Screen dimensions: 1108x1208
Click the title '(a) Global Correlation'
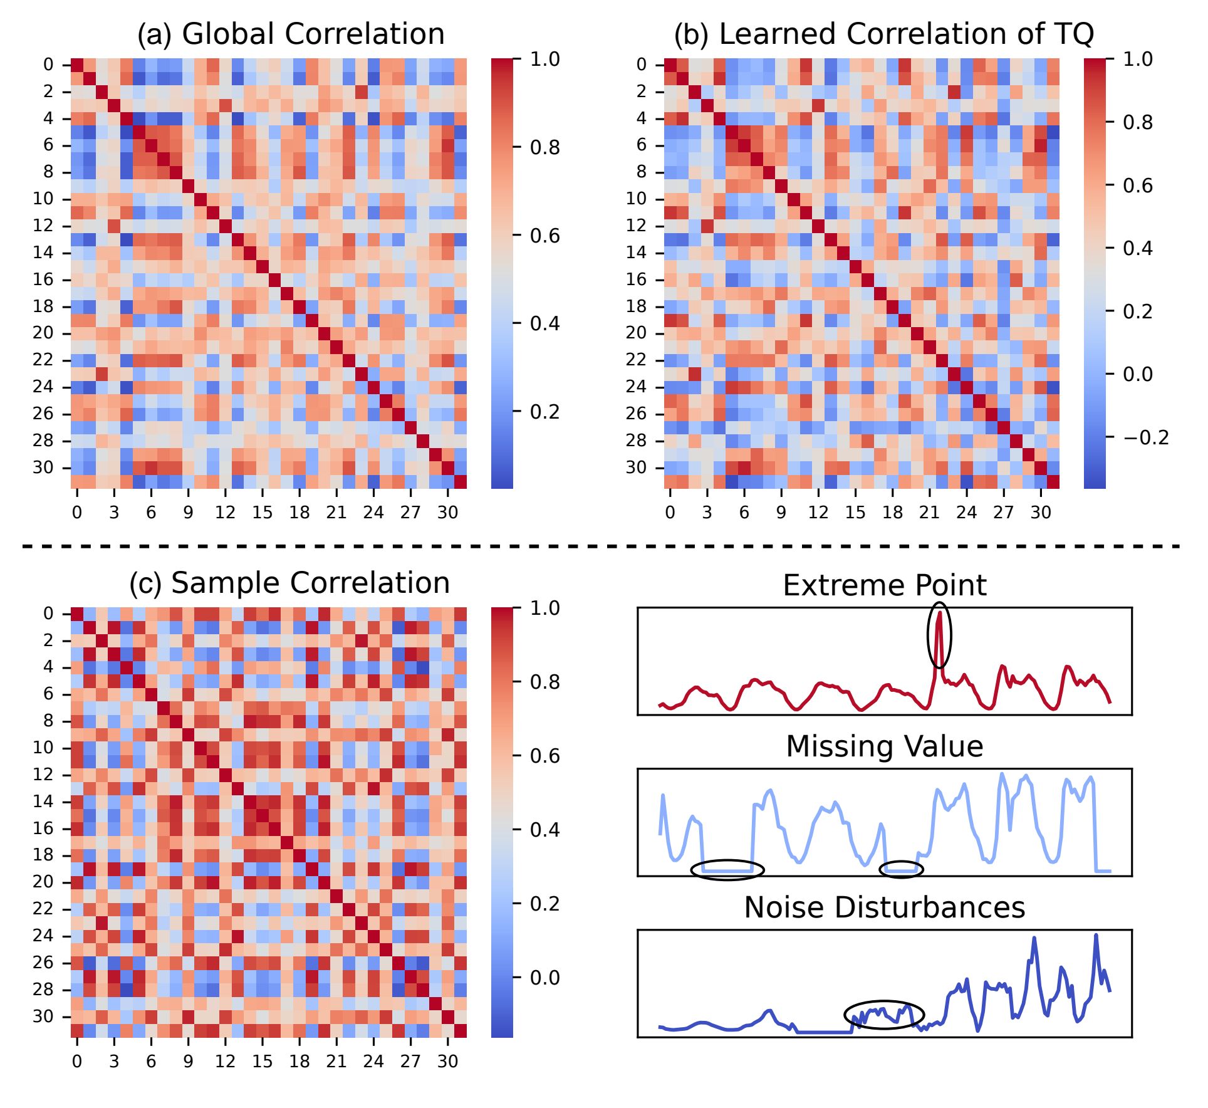(291, 34)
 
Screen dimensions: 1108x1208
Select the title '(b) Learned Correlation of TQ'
(883, 34)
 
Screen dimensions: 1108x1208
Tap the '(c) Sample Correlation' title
(289, 583)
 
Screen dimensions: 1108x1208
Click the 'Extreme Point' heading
(884, 585)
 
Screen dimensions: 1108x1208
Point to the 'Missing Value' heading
(884, 746)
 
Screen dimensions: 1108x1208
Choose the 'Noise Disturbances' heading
(884, 907)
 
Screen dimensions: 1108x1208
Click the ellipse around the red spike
(939, 635)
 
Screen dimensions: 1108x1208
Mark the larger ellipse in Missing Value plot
(727, 870)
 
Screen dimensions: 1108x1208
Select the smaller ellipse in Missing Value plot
(901, 870)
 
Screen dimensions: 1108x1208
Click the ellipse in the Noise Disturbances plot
(884, 1015)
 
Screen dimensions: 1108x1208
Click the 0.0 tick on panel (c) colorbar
(544, 978)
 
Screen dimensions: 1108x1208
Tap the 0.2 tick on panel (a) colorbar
(544, 412)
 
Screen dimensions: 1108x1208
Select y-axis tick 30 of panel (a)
(43, 468)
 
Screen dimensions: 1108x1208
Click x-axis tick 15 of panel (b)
(855, 512)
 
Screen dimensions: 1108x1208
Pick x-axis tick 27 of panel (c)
(410, 1061)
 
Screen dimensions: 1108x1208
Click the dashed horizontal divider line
(601, 547)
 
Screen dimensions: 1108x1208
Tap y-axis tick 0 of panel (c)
(48, 614)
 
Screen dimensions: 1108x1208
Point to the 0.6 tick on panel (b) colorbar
(1138, 186)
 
